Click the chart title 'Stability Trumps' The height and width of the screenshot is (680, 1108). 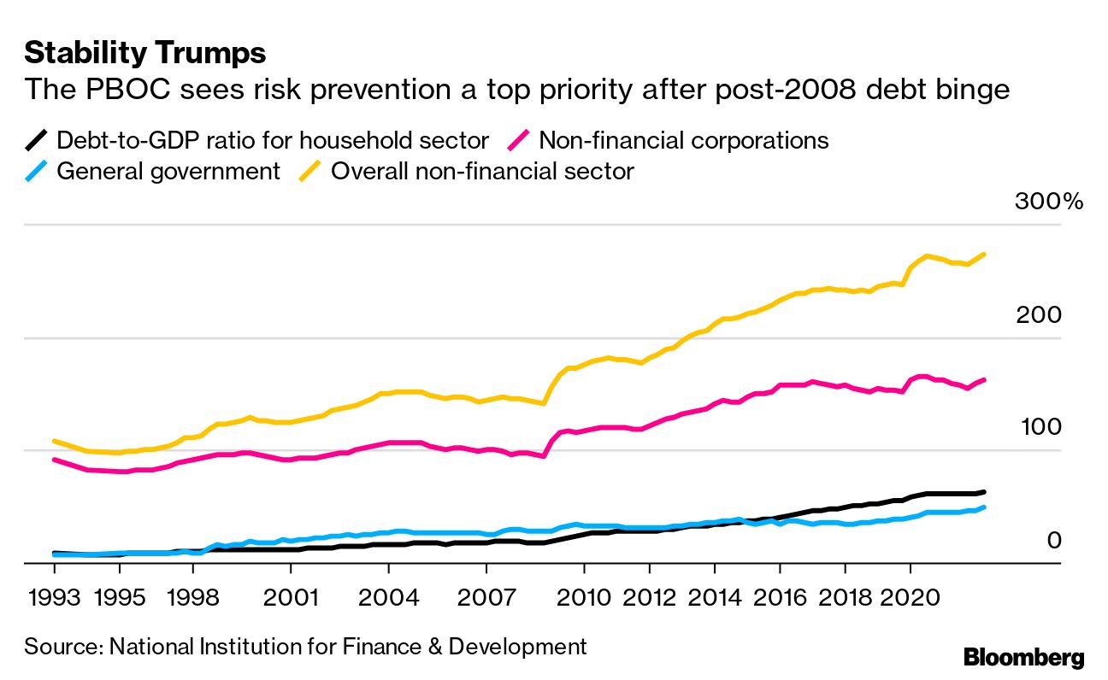pyautogui.click(x=145, y=53)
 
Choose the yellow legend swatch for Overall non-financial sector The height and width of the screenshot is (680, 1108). pyautogui.click(x=310, y=171)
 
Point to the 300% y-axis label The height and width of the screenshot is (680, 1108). pyautogui.click(x=1048, y=202)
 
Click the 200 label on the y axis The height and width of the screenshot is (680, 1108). pyautogui.click(x=1038, y=315)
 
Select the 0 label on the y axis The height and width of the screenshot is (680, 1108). pyautogui.click(x=1053, y=541)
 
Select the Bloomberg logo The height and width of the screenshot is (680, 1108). pyautogui.click(x=1023, y=657)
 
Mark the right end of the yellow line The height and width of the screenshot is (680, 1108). pyautogui.click(x=985, y=255)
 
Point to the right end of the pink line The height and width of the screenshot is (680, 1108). pyautogui.click(x=985, y=379)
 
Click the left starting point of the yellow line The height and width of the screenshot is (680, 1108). pyautogui.click(x=54, y=441)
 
